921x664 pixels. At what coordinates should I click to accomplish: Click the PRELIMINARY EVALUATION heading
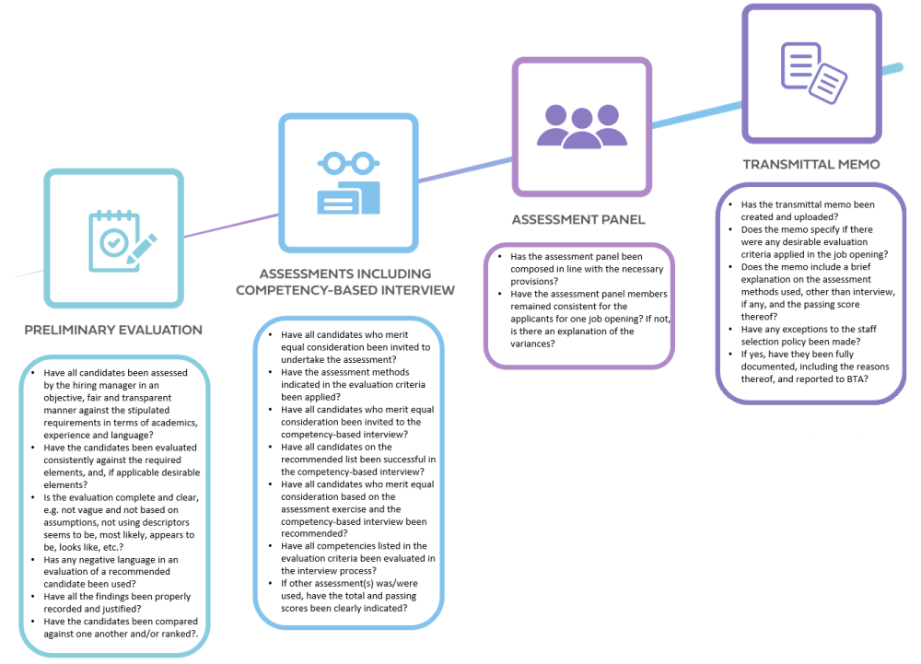click(113, 330)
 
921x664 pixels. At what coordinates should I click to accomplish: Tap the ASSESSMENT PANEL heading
click(578, 219)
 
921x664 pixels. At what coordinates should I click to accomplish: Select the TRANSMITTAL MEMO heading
click(811, 164)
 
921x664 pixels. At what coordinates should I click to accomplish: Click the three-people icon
click(582, 125)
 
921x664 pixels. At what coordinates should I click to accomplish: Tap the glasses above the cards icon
click(348, 163)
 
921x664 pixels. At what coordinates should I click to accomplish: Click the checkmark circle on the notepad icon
click(113, 242)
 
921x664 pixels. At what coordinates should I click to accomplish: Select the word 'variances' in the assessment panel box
click(530, 344)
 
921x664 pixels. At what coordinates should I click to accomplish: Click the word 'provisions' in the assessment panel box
click(532, 282)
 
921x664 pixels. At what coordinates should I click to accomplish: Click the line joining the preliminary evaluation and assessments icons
click(231, 226)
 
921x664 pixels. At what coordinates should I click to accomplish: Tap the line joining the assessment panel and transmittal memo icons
click(697, 114)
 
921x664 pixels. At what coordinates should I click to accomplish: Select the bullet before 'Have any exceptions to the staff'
click(730, 330)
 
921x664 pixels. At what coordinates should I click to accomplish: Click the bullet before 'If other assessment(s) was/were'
click(270, 584)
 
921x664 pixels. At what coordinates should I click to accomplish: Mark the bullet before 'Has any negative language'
click(33, 560)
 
